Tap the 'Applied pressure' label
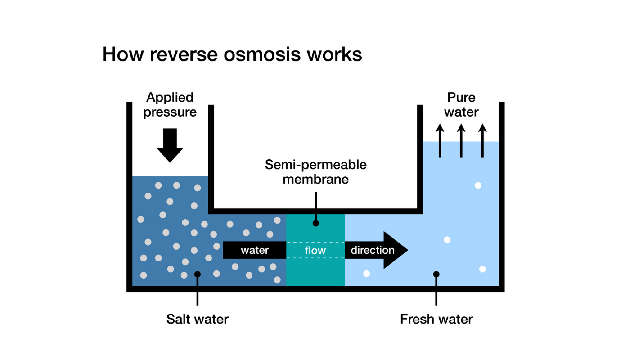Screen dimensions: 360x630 [170, 104]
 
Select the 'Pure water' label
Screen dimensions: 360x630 [461, 104]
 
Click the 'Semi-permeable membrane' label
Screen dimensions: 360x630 [315, 171]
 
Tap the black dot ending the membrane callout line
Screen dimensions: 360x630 [316, 223]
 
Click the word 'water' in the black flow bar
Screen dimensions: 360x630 [255, 250]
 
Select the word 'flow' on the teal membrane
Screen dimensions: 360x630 [315, 250]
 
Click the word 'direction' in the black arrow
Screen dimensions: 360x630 [373, 250]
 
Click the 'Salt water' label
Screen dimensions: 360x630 [198, 319]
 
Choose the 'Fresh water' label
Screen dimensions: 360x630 [436, 319]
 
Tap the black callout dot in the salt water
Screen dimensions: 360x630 [198, 274]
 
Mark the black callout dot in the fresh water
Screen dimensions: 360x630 [436, 274]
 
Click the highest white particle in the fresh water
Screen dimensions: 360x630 [478, 185]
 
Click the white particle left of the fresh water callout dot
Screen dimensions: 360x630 [366, 274]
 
